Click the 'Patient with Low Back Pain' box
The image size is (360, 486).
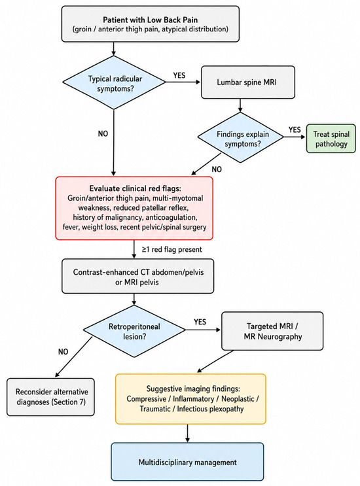[151, 24]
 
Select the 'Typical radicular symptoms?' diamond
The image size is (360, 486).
[114, 83]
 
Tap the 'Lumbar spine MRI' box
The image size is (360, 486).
[248, 82]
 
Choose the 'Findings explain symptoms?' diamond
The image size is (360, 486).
[241, 137]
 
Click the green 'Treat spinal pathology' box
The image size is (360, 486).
[331, 139]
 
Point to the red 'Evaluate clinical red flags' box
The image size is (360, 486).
[134, 208]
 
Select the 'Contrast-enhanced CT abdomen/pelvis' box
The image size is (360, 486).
[137, 276]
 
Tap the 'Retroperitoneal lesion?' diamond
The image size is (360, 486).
[134, 331]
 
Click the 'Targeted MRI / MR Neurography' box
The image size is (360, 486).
[272, 331]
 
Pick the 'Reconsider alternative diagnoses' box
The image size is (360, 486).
[50, 397]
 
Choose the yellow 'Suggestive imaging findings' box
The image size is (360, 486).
[190, 399]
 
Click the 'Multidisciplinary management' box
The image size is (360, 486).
[187, 462]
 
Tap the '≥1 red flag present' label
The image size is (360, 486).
[171, 249]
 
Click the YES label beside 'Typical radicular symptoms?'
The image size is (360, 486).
[179, 75]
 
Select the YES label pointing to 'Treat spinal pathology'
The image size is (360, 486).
[295, 130]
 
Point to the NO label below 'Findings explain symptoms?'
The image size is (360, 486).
[217, 169]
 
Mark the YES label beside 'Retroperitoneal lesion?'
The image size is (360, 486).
[200, 322]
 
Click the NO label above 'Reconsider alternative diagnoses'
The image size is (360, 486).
[63, 352]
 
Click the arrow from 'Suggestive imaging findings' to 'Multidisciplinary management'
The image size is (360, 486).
[187, 433]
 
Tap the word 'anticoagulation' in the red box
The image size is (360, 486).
[171, 217]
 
